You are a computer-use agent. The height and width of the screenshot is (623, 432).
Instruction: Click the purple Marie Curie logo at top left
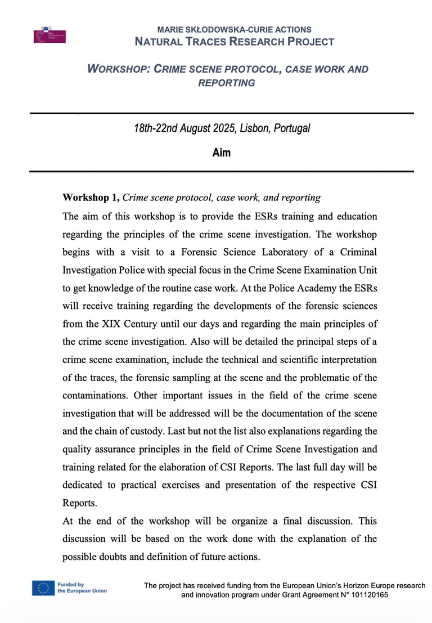[x=49, y=34]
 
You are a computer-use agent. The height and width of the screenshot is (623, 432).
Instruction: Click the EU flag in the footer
[x=43, y=588]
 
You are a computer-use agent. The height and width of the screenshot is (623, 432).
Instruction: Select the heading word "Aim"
[x=222, y=153]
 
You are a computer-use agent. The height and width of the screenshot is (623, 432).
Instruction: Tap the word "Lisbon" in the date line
[x=255, y=128]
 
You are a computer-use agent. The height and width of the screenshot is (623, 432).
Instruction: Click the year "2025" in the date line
[x=224, y=128]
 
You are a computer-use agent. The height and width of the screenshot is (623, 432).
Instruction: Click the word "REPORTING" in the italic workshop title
[x=227, y=83]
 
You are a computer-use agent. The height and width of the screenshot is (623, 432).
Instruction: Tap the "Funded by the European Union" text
[x=82, y=588]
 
